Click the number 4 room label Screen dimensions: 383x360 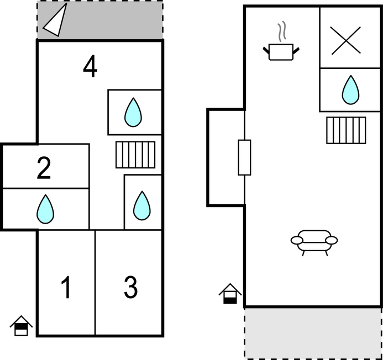pyautogui.click(x=90, y=66)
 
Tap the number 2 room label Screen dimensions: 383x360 pyautogui.click(x=44, y=168)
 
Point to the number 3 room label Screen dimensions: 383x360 pyautogui.click(x=130, y=287)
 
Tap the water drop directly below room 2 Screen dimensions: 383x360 pyautogui.click(x=45, y=209)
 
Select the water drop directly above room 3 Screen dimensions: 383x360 pyautogui.click(x=142, y=206)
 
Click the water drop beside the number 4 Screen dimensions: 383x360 pyautogui.click(x=133, y=112)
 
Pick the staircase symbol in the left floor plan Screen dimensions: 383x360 pyautogui.click(x=135, y=155)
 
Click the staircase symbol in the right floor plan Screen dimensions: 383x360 pyautogui.click(x=346, y=130)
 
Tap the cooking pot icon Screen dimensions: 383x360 pyautogui.click(x=281, y=52)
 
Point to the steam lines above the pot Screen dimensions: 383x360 pyautogui.click(x=282, y=31)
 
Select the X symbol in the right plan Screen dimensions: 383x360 pyautogui.click(x=345, y=40)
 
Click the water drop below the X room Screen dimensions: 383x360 pyautogui.click(x=351, y=90)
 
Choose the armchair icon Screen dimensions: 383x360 pyautogui.click(x=314, y=242)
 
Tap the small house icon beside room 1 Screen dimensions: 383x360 pyautogui.click(x=21, y=326)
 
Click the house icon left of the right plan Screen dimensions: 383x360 pyautogui.click(x=230, y=293)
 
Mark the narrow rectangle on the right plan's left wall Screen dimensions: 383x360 pyautogui.click(x=244, y=157)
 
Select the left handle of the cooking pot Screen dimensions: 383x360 pyautogui.click(x=266, y=50)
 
